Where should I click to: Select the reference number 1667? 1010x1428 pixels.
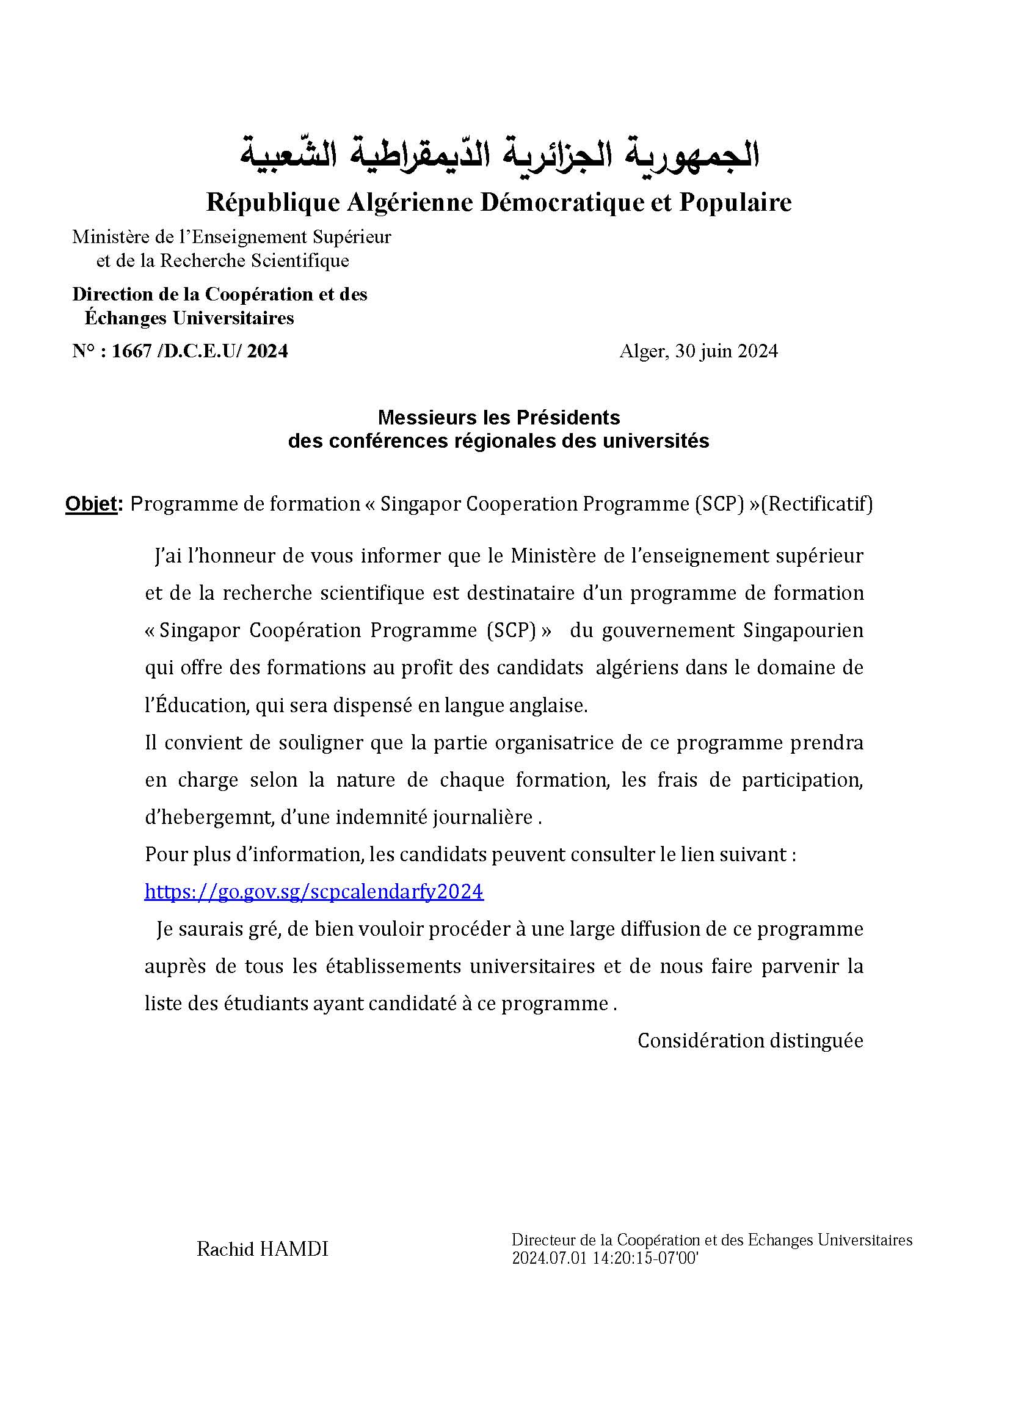(132, 351)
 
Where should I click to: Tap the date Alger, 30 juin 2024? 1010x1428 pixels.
(698, 351)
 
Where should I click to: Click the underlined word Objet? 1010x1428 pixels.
(91, 504)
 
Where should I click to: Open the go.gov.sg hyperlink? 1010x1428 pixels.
(313, 892)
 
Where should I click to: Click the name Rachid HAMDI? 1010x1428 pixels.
(262, 1249)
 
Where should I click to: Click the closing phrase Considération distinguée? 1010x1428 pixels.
(750, 1041)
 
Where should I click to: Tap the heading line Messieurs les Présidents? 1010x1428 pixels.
(499, 417)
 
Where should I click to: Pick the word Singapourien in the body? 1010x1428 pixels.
(804, 631)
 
